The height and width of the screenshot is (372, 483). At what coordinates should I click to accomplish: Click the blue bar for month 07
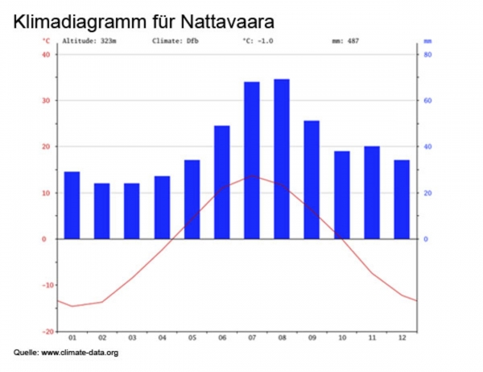pyautogui.click(x=252, y=160)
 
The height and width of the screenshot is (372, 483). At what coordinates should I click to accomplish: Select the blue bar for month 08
pyautogui.click(x=282, y=159)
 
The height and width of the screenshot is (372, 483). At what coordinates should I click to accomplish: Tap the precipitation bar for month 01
pyautogui.click(x=72, y=205)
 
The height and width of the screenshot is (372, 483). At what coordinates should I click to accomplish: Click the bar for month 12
pyautogui.click(x=402, y=200)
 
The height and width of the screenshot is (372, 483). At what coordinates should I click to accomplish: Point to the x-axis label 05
pyautogui.click(x=192, y=338)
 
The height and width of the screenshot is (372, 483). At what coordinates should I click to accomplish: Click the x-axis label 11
pyautogui.click(x=372, y=338)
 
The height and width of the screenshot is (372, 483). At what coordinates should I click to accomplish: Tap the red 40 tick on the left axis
pyautogui.click(x=46, y=55)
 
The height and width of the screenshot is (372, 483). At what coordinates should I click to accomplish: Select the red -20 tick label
pyautogui.click(x=46, y=331)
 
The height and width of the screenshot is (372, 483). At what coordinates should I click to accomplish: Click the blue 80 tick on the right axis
pyautogui.click(x=428, y=55)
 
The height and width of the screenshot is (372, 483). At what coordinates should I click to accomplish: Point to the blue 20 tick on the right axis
pyautogui.click(x=428, y=193)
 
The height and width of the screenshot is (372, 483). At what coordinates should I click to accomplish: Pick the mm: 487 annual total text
pyautogui.click(x=345, y=40)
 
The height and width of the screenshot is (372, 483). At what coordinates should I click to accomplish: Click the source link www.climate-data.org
pyautogui.click(x=80, y=353)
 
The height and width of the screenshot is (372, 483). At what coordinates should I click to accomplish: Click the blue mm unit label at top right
pyautogui.click(x=427, y=40)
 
